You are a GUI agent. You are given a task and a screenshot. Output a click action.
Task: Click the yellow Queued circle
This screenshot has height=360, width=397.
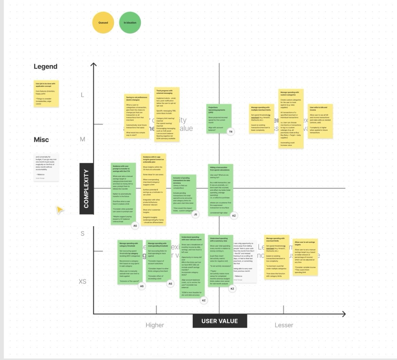(103, 23)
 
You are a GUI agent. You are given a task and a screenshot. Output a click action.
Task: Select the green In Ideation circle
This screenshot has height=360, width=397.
(130, 23)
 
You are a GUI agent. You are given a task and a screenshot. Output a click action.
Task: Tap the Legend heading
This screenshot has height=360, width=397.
(45, 67)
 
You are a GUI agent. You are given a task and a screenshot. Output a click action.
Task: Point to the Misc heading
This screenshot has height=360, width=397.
(41, 140)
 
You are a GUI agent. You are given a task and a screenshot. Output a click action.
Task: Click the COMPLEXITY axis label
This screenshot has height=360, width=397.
(86, 188)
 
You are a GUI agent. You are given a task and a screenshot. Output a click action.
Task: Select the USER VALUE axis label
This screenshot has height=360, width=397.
(220, 321)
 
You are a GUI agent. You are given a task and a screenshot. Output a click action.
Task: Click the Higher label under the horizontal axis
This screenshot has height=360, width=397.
(155, 325)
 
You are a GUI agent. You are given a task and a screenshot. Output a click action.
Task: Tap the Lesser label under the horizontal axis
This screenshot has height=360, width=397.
(284, 325)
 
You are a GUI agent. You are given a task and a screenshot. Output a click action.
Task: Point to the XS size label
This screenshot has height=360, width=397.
(82, 282)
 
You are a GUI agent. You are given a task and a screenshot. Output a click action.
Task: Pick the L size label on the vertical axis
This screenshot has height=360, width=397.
(82, 95)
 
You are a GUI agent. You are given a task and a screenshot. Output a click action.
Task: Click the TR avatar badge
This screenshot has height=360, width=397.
(231, 132)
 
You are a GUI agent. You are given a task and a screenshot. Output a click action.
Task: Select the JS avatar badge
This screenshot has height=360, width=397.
(195, 214)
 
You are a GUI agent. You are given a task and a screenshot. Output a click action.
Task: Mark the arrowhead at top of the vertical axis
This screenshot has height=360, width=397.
(93, 64)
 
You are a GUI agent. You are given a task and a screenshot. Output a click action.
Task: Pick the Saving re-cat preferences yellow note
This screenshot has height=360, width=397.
(136, 116)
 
